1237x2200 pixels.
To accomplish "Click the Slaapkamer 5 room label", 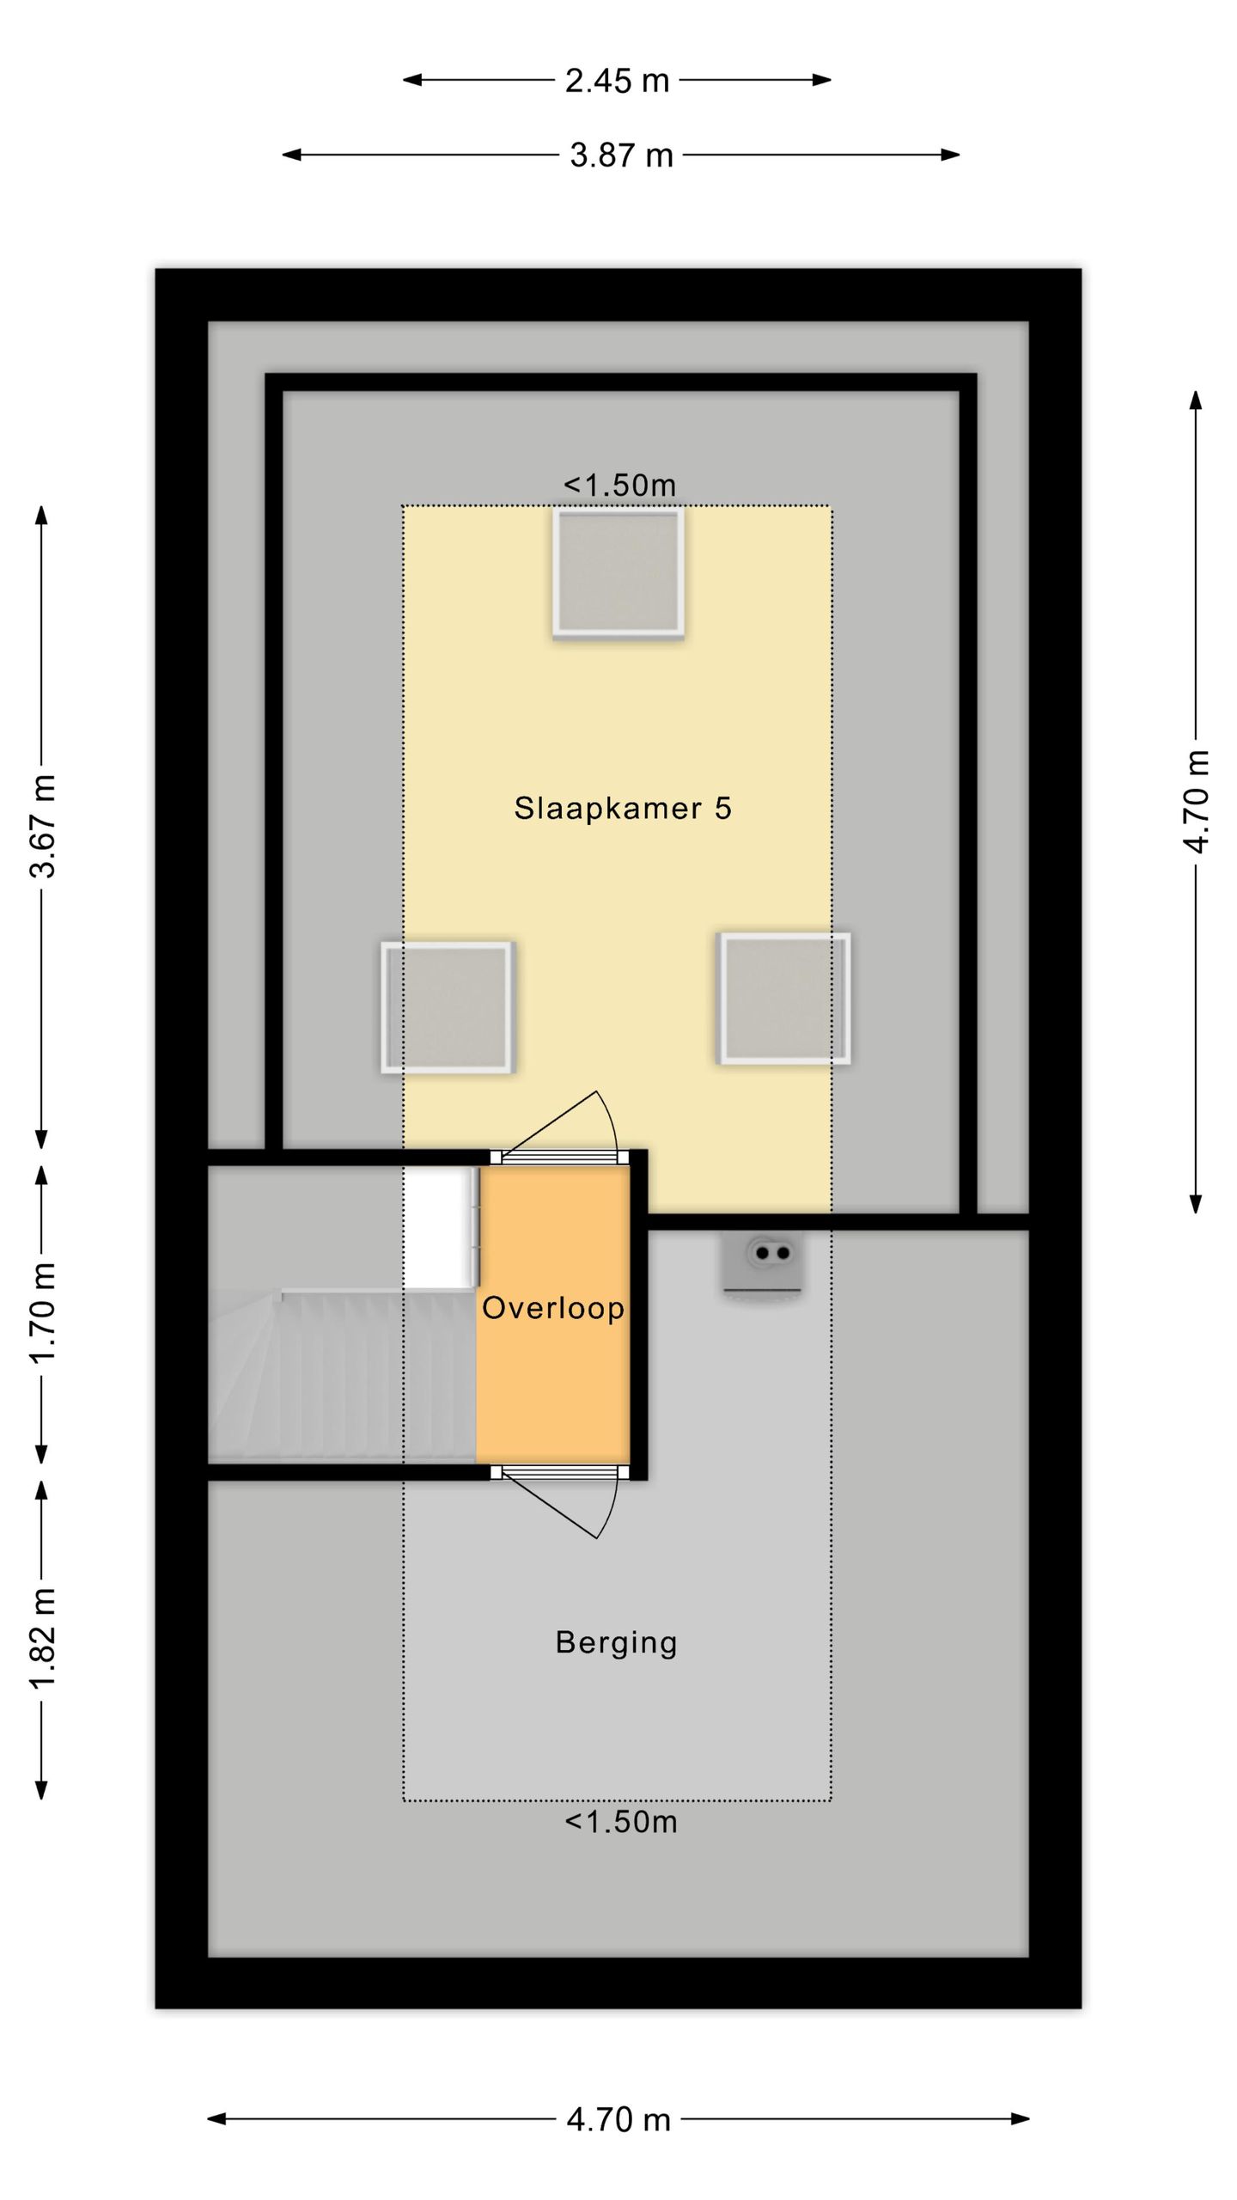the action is (x=623, y=808).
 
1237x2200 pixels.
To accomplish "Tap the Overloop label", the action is (x=553, y=1308).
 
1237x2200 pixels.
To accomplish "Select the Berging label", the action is (x=617, y=1642).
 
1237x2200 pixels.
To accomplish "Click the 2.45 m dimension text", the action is (x=617, y=81).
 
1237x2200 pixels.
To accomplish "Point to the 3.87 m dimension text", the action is (x=621, y=156).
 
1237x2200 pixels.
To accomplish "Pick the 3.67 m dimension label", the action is (x=43, y=826).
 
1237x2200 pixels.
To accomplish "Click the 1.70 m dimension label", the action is (x=43, y=1312).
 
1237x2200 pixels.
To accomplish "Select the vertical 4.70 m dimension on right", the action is (x=1196, y=802).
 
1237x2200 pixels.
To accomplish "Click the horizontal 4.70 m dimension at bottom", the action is (x=618, y=2120).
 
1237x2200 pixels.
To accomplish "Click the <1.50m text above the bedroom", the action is (x=619, y=486).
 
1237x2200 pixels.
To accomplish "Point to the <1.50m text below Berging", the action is (x=620, y=1822).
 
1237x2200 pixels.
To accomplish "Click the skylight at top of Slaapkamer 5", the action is (x=618, y=572).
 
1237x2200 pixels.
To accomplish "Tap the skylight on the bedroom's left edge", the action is (x=448, y=1007).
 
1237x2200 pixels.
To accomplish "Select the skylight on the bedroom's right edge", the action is (x=784, y=999).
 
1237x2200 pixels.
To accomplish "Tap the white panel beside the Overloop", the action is (x=441, y=1227).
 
